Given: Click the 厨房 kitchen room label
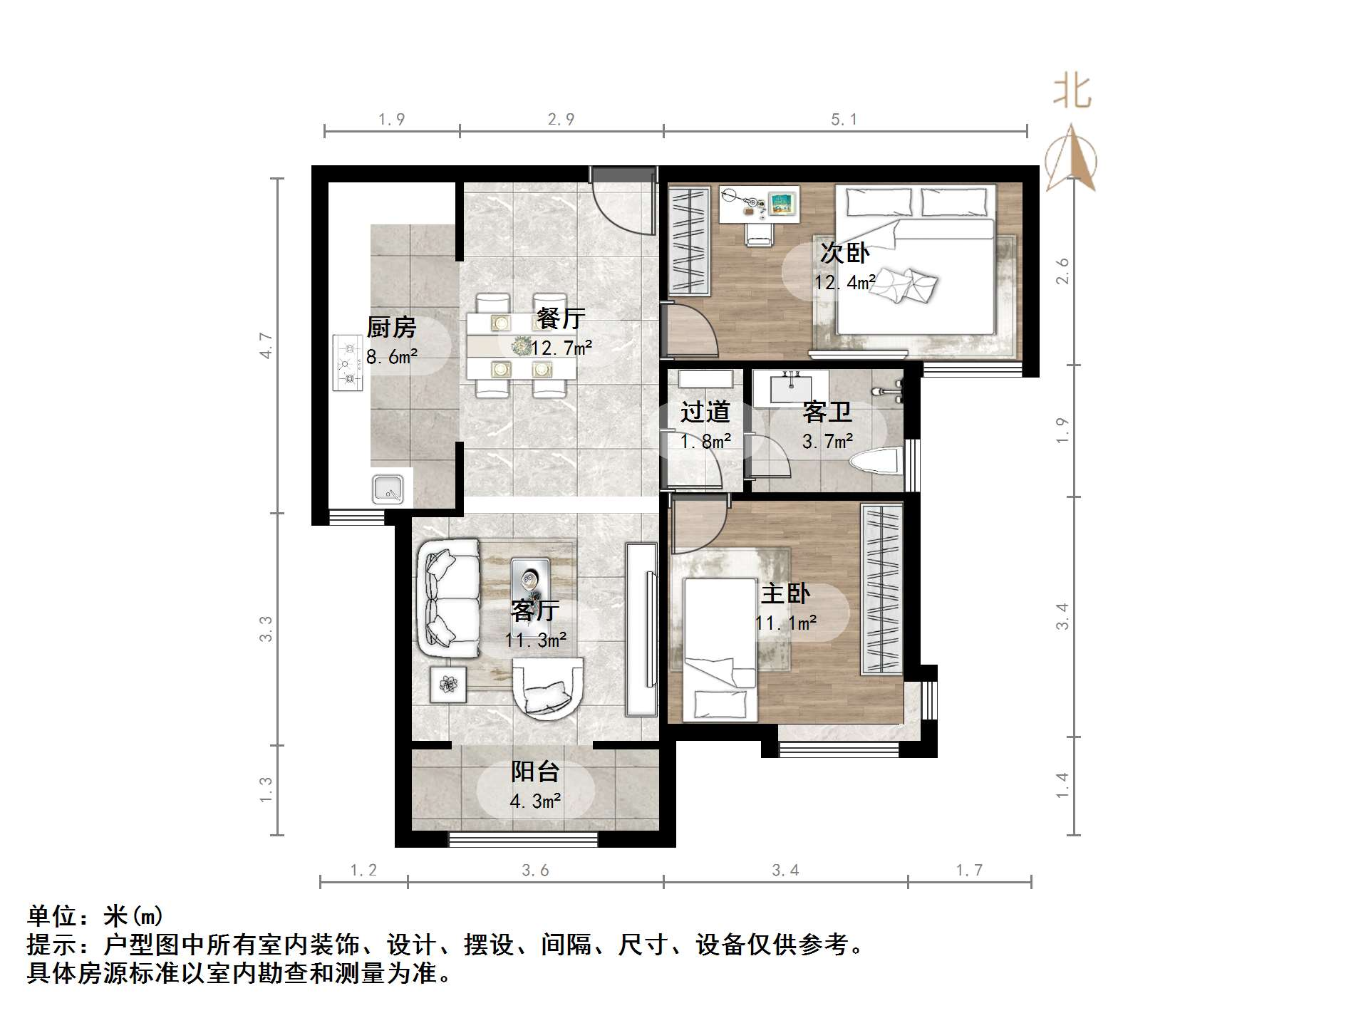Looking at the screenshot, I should pyautogui.click(x=391, y=328).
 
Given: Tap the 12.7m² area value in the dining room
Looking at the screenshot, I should pyautogui.click(x=561, y=348).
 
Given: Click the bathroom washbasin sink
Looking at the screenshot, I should pyautogui.click(x=790, y=388).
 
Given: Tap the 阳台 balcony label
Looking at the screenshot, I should pyautogui.click(x=535, y=772).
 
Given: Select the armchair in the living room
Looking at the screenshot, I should pyautogui.click(x=548, y=688).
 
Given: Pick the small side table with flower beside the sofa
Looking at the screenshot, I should pyautogui.click(x=447, y=684).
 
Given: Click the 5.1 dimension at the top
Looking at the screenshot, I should pyautogui.click(x=844, y=120).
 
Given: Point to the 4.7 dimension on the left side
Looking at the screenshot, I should pyautogui.click(x=266, y=346).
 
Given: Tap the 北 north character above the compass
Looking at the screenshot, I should pyautogui.click(x=1072, y=93).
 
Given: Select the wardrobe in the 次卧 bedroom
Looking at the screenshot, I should pyautogui.click(x=690, y=241).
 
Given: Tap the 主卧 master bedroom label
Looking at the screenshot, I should pyautogui.click(x=785, y=594).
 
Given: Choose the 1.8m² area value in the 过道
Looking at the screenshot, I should pyautogui.click(x=705, y=442).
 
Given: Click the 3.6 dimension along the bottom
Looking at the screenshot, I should pyautogui.click(x=535, y=870).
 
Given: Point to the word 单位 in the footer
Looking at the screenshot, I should pyautogui.click(x=52, y=916).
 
